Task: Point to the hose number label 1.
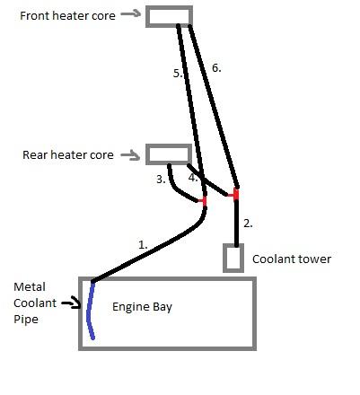(x=143, y=245)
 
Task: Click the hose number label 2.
(x=248, y=224)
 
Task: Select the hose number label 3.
(x=161, y=180)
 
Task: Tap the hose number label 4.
(x=193, y=178)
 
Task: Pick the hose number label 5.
(x=178, y=74)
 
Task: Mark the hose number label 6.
(x=216, y=68)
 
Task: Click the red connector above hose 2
(x=235, y=195)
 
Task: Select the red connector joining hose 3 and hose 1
(x=204, y=200)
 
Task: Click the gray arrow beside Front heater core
(x=131, y=13)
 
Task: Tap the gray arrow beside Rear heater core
(x=131, y=155)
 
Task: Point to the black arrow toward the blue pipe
(x=71, y=303)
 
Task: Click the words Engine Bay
(x=142, y=307)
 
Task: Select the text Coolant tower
(x=292, y=259)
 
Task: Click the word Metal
(x=30, y=287)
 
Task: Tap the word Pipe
(x=26, y=320)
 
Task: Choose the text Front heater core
(x=67, y=15)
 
